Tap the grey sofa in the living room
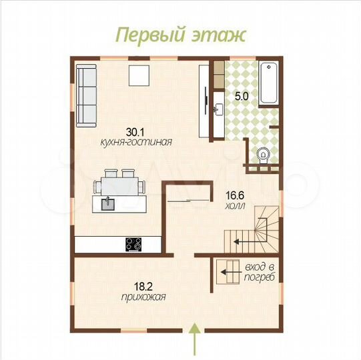click(86, 95)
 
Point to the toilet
click(264, 155)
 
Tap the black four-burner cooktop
click(133, 245)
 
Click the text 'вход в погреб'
click(260, 272)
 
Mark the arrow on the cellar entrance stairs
click(230, 272)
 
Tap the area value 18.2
click(139, 287)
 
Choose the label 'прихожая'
click(139, 297)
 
